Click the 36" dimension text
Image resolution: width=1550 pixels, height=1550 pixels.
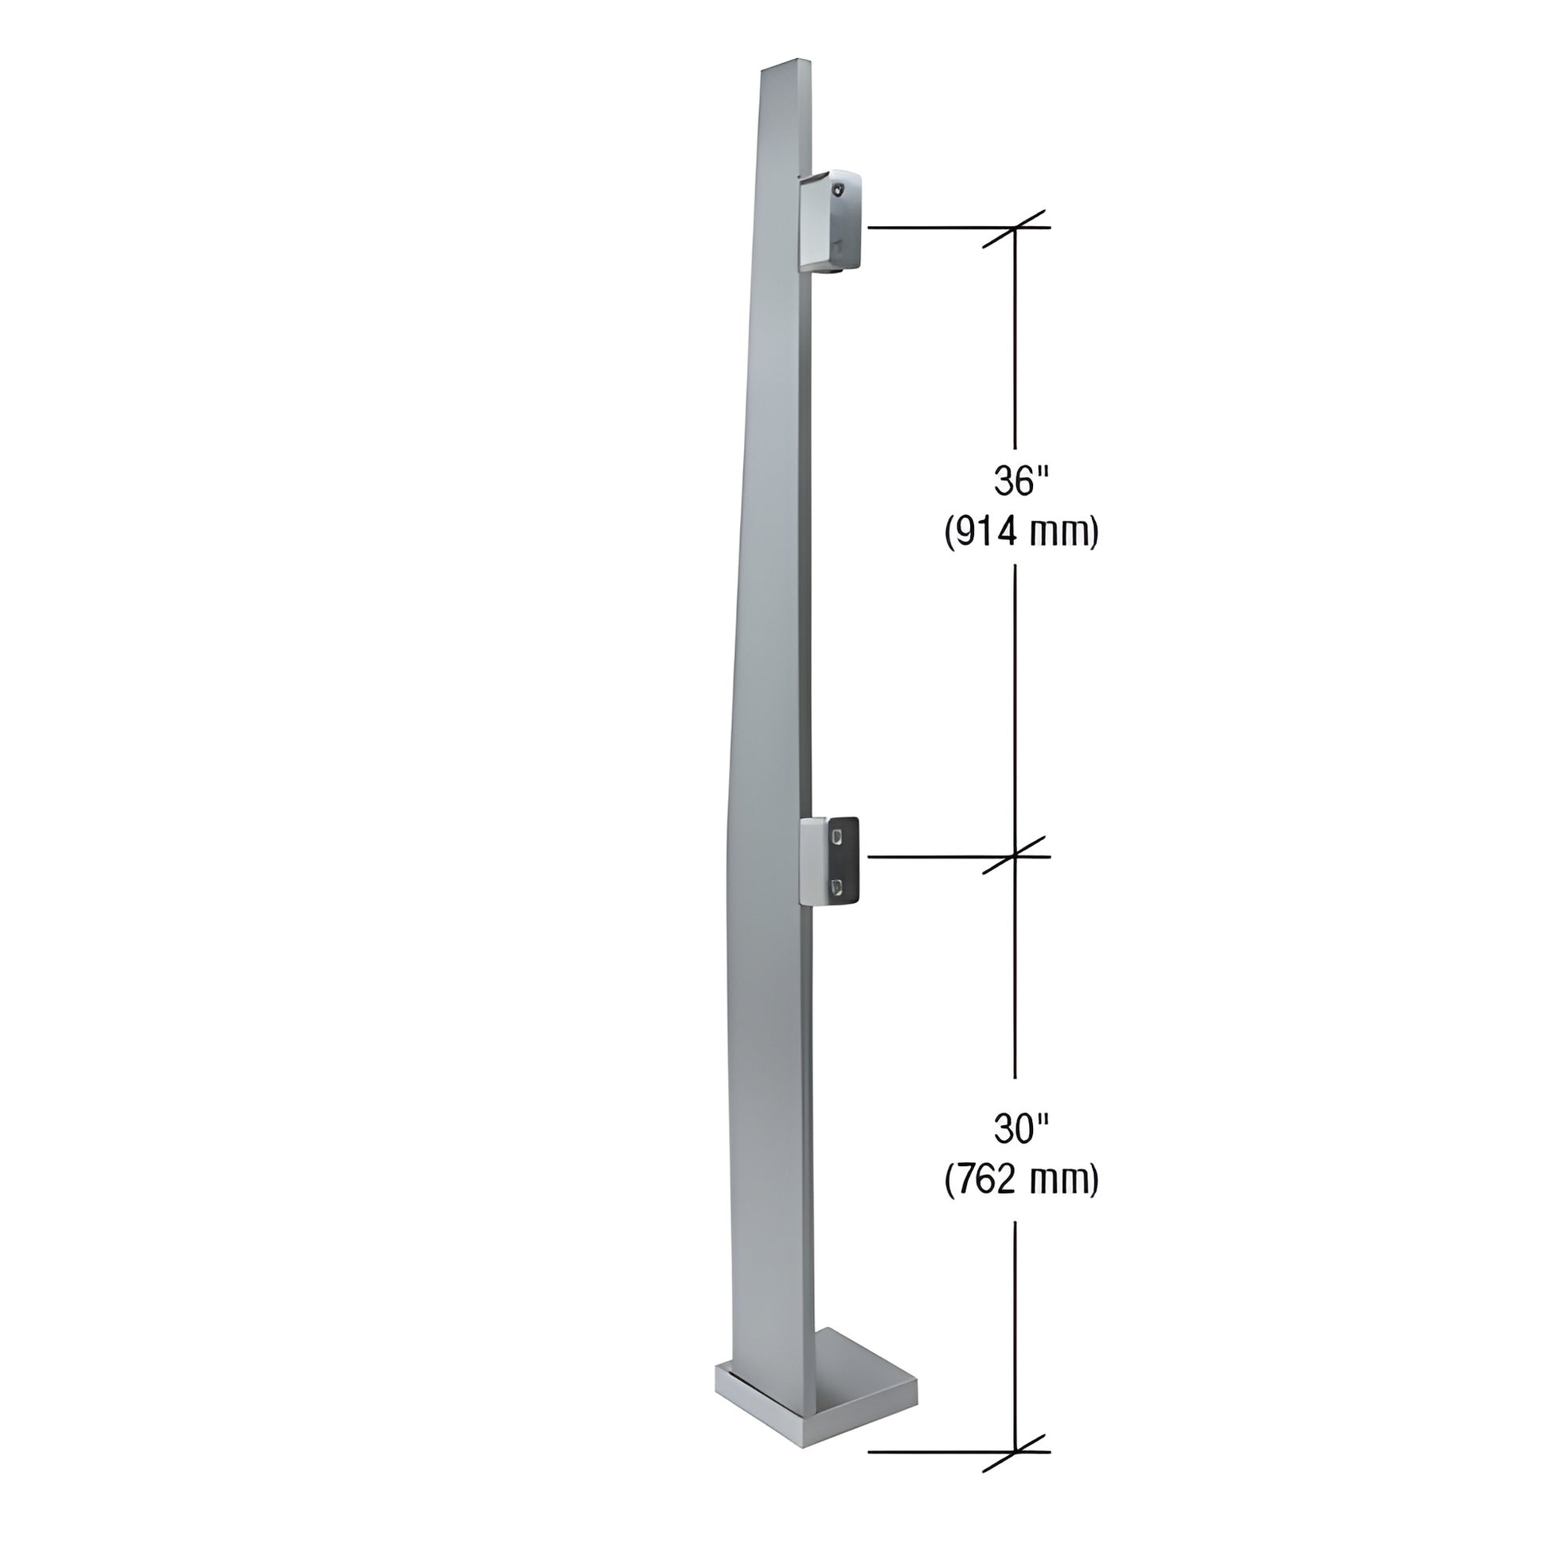(1020, 481)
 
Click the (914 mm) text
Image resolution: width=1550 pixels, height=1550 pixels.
(1020, 532)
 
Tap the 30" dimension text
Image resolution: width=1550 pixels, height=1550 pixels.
(1020, 1129)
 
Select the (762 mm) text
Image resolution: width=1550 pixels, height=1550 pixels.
(1020, 1180)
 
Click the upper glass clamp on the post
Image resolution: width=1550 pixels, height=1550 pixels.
(832, 221)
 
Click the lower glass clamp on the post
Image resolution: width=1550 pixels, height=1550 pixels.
(832, 861)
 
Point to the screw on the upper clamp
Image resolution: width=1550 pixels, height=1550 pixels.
(839, 190)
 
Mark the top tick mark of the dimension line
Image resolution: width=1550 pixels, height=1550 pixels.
(1016, 229)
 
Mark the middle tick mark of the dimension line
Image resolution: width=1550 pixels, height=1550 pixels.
(1016, 856)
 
